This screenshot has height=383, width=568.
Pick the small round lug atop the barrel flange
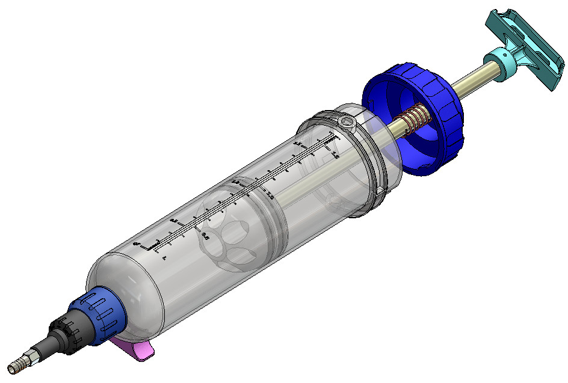[347, 122]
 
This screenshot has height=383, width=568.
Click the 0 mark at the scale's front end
[136, 244]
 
